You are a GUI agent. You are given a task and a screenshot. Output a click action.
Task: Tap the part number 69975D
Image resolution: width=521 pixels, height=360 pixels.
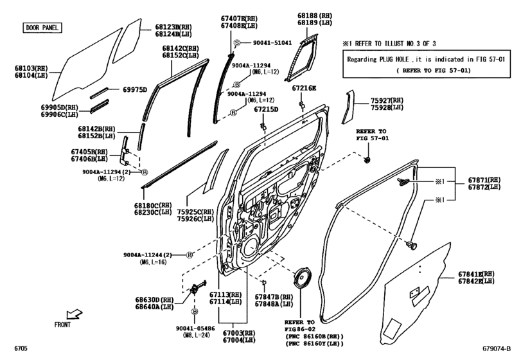[135, 89]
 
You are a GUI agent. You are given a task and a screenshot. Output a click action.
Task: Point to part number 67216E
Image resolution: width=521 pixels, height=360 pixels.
[302, 87]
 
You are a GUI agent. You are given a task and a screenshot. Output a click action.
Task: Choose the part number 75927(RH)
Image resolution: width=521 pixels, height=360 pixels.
[387, 101]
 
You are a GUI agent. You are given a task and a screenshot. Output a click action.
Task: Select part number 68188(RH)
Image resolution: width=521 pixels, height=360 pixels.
[313, 14]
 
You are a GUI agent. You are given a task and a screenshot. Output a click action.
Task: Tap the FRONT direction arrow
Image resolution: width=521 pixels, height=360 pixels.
[75, 315]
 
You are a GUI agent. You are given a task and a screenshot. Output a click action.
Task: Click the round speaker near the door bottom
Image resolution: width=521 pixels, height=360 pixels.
[301, 280]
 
